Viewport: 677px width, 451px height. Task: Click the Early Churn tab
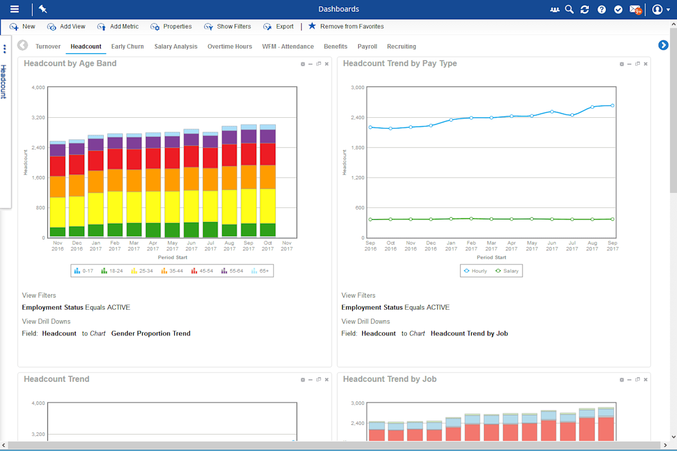127,47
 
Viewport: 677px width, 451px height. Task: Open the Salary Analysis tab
175,47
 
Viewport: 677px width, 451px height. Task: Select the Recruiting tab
401,47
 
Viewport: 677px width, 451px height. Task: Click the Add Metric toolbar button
118,26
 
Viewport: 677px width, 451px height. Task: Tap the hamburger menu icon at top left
15,9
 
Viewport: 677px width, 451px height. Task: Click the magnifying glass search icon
569,10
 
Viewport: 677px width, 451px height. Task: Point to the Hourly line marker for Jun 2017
552,112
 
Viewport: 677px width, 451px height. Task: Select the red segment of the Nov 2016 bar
58,166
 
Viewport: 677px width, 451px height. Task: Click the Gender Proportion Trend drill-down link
151,334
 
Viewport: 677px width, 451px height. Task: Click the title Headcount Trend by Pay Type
399,64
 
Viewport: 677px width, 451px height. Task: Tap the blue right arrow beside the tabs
663,45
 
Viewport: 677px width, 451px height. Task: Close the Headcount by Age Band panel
327,64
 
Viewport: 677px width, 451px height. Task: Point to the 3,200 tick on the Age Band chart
37,118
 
